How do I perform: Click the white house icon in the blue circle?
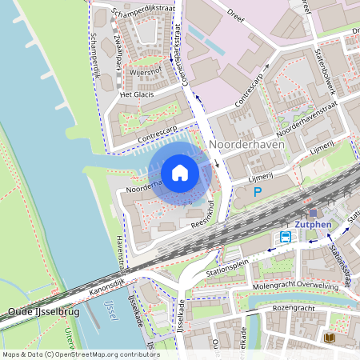(x=180, y=173)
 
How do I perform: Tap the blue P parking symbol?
(x=258, y=191)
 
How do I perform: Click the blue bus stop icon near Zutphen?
(x=286, y=237)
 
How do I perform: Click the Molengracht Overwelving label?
(x=308, y=285)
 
